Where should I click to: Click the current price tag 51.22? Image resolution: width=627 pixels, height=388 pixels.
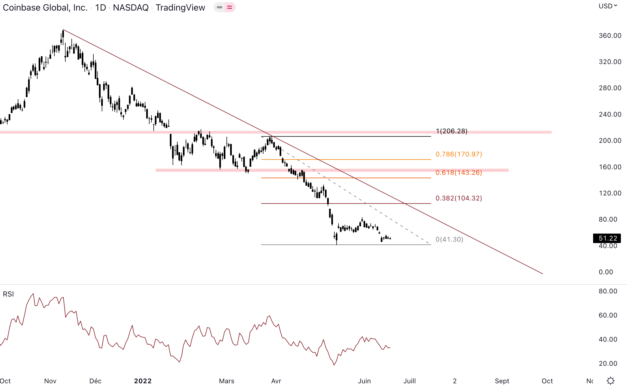607,238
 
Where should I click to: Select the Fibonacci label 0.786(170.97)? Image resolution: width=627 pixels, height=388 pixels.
459,154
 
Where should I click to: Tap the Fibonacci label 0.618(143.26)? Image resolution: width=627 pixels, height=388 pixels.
459,172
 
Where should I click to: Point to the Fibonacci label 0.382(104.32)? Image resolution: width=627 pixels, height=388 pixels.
459,198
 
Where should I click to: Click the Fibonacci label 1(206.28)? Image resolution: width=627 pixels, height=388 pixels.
452,131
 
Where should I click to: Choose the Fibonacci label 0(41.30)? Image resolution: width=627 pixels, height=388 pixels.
449,239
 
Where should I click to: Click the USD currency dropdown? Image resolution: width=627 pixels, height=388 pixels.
608,6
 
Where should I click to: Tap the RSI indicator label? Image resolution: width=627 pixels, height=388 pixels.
8,294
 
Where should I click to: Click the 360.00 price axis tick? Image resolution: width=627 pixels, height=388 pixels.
610,36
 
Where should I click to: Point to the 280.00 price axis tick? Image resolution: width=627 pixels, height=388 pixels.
610,88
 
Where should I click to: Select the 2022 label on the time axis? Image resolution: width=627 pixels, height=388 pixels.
143,381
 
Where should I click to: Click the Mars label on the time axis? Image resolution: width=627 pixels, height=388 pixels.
227,381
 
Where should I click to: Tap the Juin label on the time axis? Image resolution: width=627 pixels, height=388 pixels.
364,381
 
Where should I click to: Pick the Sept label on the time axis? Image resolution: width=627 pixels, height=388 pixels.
502,381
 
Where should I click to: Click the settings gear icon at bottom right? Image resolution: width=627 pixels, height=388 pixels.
611,380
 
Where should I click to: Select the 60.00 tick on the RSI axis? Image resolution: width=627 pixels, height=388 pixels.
608,315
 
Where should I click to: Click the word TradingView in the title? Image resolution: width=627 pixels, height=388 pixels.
180,8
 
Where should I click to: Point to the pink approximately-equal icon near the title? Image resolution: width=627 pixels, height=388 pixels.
230,7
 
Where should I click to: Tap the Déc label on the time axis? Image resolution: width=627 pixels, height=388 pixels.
95,381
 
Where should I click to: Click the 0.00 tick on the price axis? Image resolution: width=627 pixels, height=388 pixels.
606,272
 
